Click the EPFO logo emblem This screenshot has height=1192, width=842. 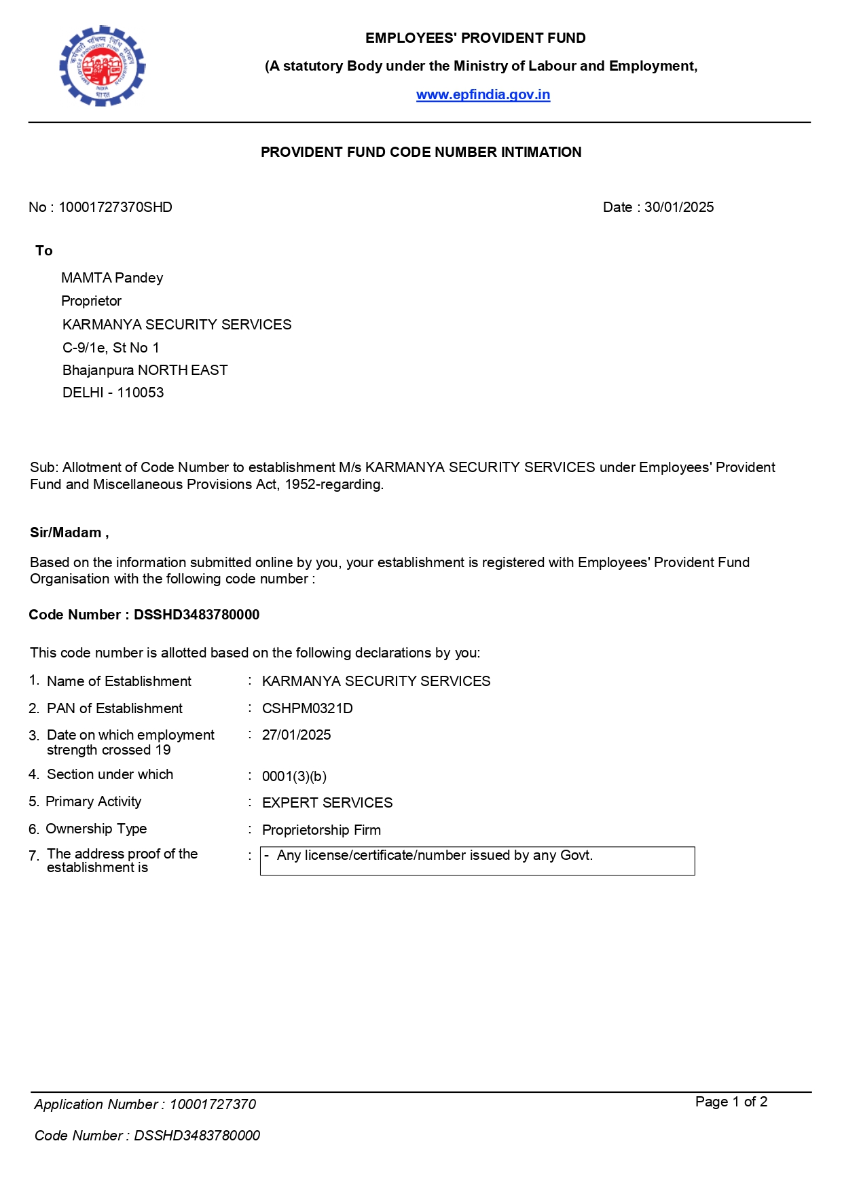103,66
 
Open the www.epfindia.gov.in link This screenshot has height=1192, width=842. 483,94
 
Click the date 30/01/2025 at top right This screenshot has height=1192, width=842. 678,207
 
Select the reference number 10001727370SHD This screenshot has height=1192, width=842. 115,207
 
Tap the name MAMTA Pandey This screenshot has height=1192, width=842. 112,278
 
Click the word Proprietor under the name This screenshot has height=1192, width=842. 91,301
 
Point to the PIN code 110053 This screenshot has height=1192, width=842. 141,393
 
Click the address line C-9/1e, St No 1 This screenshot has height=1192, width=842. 111,348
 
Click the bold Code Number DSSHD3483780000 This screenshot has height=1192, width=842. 196,615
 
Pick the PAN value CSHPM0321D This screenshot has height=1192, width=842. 307,708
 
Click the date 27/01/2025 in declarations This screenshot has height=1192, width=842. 296,735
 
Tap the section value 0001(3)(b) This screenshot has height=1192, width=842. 294,776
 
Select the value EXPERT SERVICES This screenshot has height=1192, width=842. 327,803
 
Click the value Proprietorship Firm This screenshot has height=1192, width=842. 321,830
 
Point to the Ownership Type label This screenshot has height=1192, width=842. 96,829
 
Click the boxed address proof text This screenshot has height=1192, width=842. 435,856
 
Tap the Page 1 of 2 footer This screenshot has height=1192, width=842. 731,1102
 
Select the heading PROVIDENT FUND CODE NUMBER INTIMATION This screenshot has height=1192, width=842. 421,152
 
